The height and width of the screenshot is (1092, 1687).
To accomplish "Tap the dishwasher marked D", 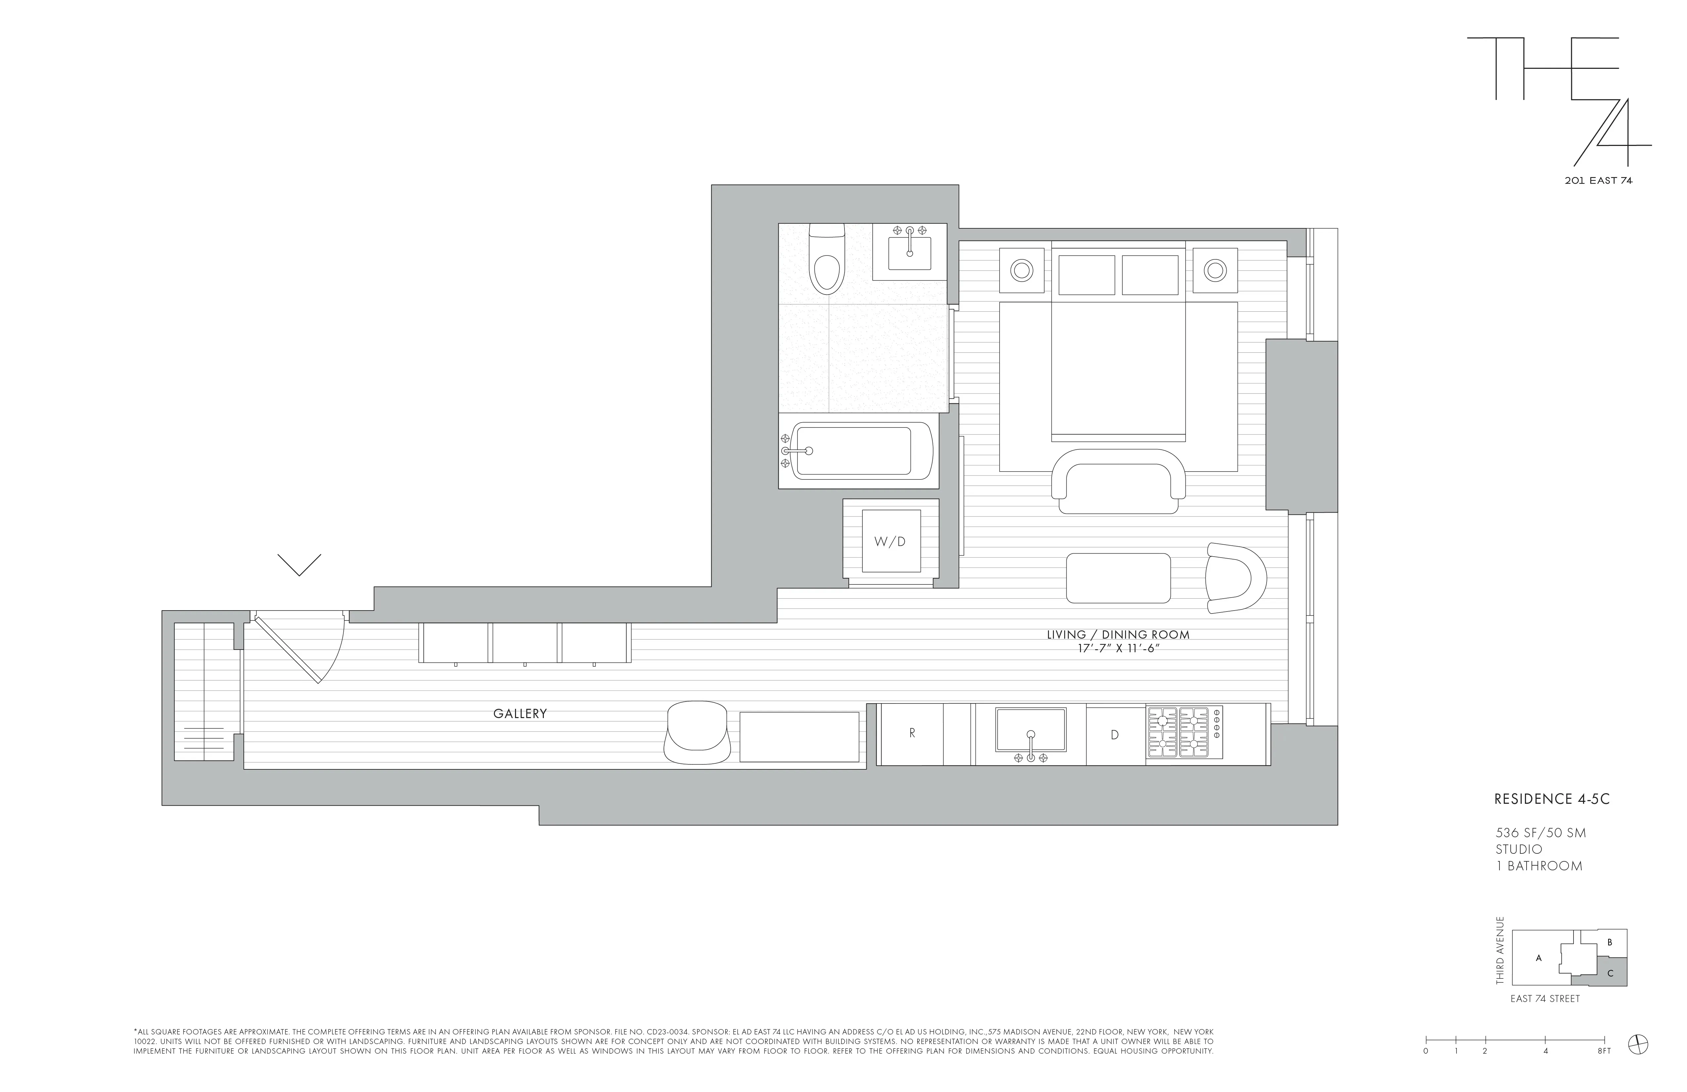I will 1114,735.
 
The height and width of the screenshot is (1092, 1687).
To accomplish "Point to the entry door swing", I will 305,647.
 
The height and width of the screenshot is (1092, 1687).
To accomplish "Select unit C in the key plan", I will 1610,974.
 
